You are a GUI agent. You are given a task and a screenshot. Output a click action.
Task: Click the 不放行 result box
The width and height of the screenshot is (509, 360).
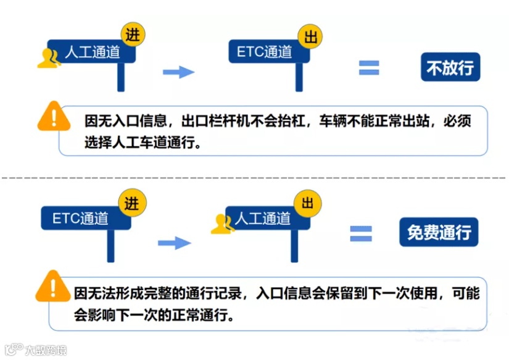[450, 67]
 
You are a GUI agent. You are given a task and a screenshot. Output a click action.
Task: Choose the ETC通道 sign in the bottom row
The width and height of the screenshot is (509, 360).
[81, 218]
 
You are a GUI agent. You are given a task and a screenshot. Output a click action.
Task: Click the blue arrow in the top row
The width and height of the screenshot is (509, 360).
[178, 72]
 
